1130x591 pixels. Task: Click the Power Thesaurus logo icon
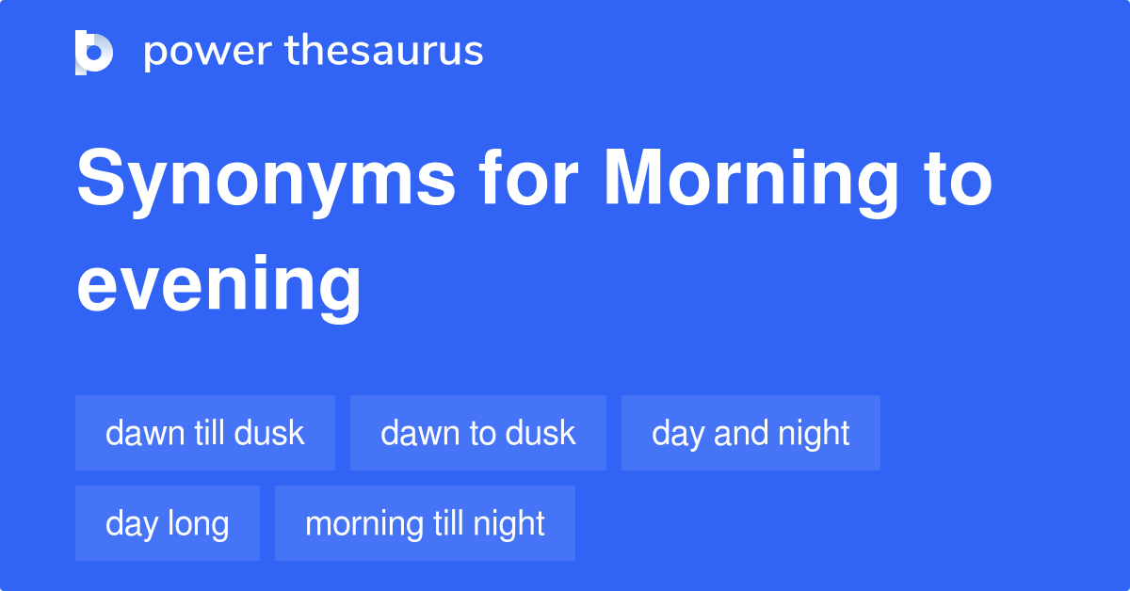94,52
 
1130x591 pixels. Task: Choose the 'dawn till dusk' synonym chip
205,433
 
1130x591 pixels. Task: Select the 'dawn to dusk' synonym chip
478,433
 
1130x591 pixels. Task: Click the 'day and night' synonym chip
751,433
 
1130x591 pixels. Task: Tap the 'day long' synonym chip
168,523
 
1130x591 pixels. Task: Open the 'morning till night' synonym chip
425,523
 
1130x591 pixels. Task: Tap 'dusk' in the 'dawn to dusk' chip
540,433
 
